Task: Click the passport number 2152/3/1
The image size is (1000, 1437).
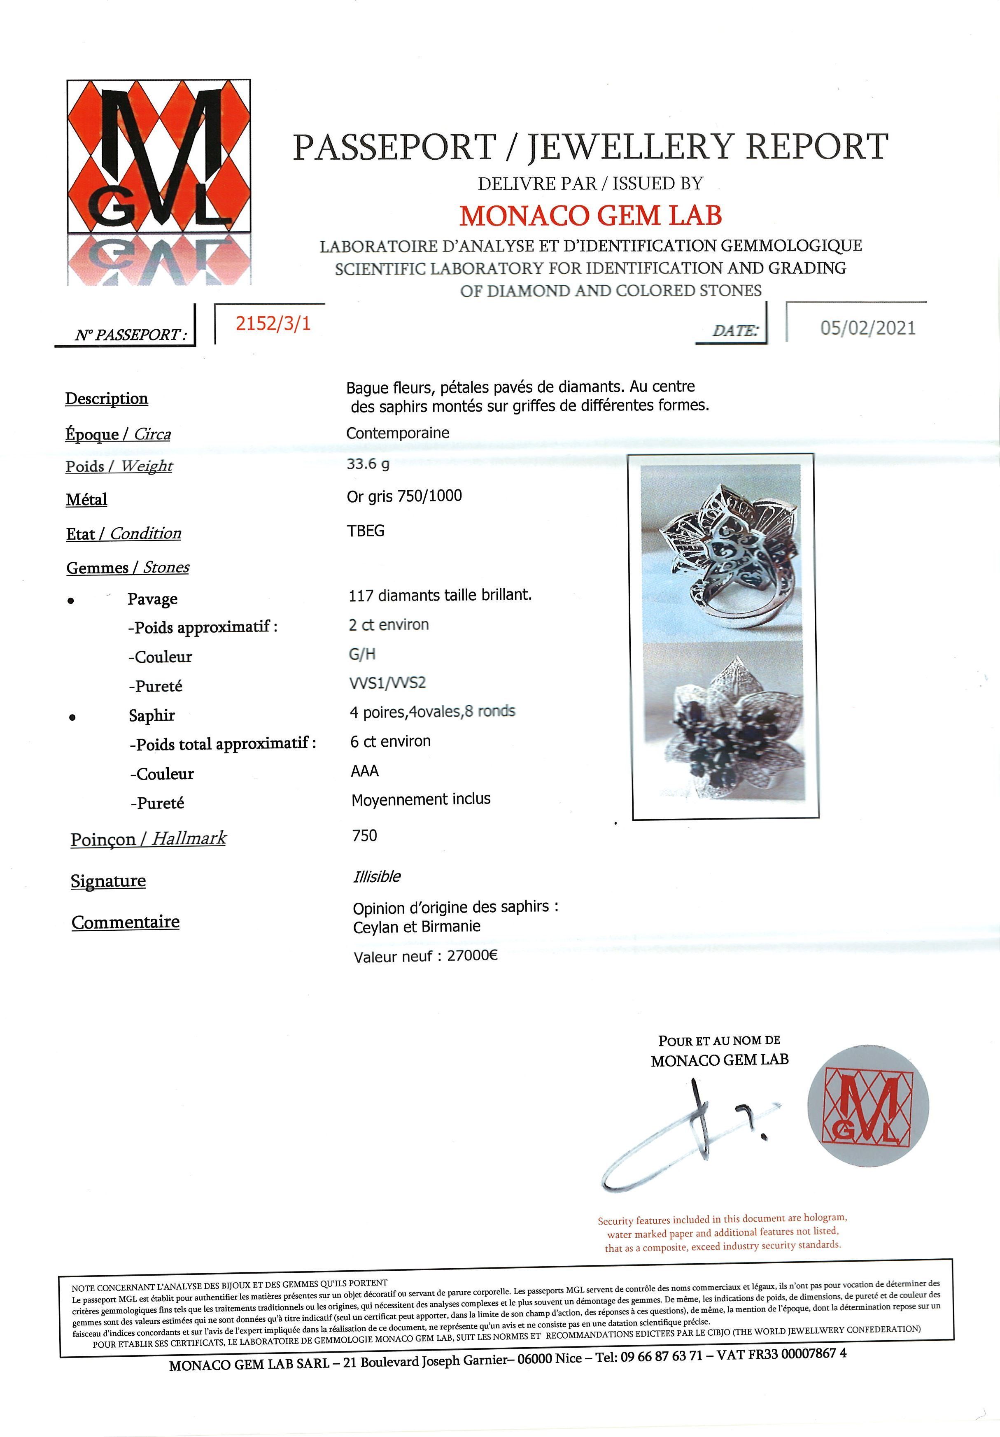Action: (x=273, y=324)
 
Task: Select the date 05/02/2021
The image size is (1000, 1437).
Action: (x=867, y=328)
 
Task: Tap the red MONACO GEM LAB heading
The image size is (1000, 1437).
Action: (x=590, y=215)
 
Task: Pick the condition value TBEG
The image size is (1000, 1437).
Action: (x=366, y=531)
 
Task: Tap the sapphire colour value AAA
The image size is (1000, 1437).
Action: (x=365, y=771)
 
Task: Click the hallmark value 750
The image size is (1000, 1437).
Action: (x=365, y=836)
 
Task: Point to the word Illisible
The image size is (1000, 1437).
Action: (x=377, y=876)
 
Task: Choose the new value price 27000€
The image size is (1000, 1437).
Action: (x=473, y=956)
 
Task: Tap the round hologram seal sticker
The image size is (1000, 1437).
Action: (x=868, y=1106)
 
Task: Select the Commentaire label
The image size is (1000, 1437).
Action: (x=126, y=922)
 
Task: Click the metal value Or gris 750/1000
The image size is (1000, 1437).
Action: (x=404, y=496)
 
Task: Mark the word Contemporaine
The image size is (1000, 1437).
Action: (x=397, y=433)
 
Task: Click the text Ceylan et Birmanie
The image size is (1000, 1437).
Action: (x=417, y=926)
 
